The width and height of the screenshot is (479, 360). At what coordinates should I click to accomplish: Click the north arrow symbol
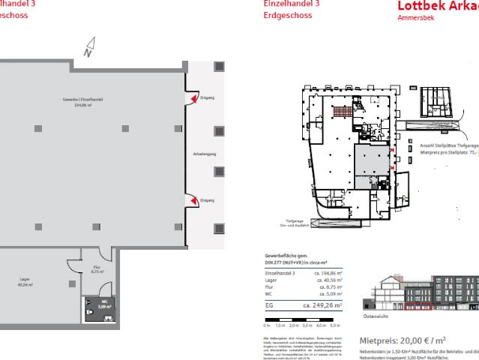(88, 49)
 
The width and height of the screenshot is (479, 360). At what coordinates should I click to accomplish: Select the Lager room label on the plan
(25, 280)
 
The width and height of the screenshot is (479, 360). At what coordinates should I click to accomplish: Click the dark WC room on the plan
(101, 310)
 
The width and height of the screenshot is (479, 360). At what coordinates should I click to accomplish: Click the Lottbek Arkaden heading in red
(438, 7)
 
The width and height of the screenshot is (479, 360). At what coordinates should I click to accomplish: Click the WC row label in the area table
(268, 295)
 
